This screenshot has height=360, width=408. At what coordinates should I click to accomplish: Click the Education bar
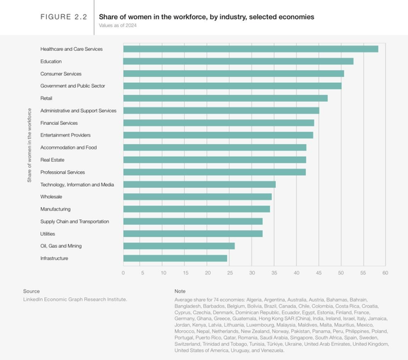tap(238, 61)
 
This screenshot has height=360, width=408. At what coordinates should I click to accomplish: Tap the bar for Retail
tap(225, 98)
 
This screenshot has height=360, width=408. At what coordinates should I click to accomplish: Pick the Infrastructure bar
tap(175, 258)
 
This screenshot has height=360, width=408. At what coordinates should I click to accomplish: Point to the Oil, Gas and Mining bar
tap(179, 246)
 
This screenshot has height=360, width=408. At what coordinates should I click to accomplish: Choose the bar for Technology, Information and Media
tap(199, 184)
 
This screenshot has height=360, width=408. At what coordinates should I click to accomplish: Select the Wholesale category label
tap(54, 197)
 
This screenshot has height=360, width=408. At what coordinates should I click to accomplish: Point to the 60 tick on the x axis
tap(385, 272)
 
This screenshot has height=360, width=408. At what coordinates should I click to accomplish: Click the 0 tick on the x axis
tap(123, 272)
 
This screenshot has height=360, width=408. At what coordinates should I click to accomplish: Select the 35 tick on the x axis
tap(275, 272)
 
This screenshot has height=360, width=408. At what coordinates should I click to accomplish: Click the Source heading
tap(31, 291)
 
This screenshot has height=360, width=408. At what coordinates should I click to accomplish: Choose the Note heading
tap(180, 291)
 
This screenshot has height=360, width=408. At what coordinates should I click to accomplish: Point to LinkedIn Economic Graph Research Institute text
tap(74, 299)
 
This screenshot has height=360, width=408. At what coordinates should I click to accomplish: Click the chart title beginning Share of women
tap(206, 16)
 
